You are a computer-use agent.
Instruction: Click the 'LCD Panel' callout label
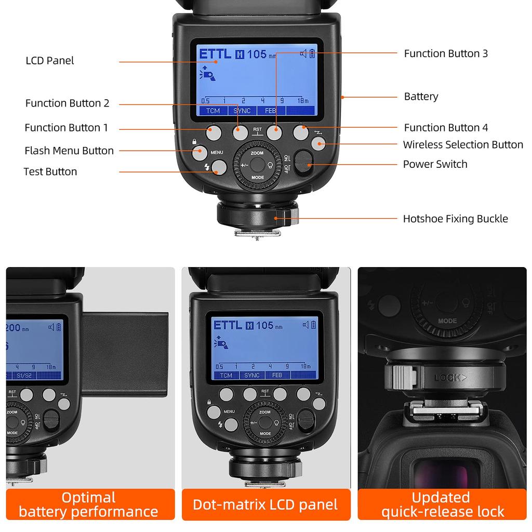pyautogui.click(x=50, y=61)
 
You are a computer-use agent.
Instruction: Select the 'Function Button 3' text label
pyautogui.click(x=446, y=54)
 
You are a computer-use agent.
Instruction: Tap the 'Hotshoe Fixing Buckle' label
pyautogui.click(x=455, y=219)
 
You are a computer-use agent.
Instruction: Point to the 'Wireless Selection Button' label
pyautogui.click(x=463, y=144)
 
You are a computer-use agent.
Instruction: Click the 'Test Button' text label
pyautogui.click(x=50, y=171)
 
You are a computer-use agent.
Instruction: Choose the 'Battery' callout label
pyautogui.click(x=421, y=97)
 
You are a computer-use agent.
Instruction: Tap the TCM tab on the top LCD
pyautogui.click(x=213, y=111)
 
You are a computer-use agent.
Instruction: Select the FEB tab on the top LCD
pyautogui.click(x=271, y=111)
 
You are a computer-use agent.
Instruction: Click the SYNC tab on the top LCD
pyautogui.click(x=242, y=111)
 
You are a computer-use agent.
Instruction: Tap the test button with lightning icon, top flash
pyautogui.click(x=219, y=167)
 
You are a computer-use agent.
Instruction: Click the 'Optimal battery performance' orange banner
pyautogui.click(x=89, y=504)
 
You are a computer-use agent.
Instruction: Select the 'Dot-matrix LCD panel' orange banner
pyautogui.click(x=265, y=504)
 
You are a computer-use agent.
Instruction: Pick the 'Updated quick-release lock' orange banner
pyautogui.click(x=443, y=504)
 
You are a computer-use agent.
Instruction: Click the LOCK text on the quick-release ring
pyautogui.click(x=447, y=378)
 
